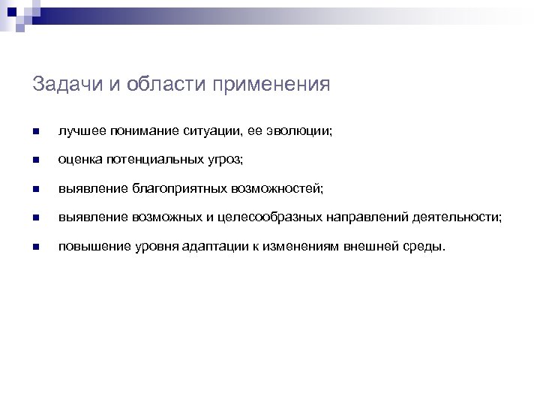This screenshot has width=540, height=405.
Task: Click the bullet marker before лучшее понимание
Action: [x=36, y=132]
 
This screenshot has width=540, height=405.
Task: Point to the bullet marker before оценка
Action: [x=36, y=160]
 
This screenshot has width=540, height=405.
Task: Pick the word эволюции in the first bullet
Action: [x=284, y=131]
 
